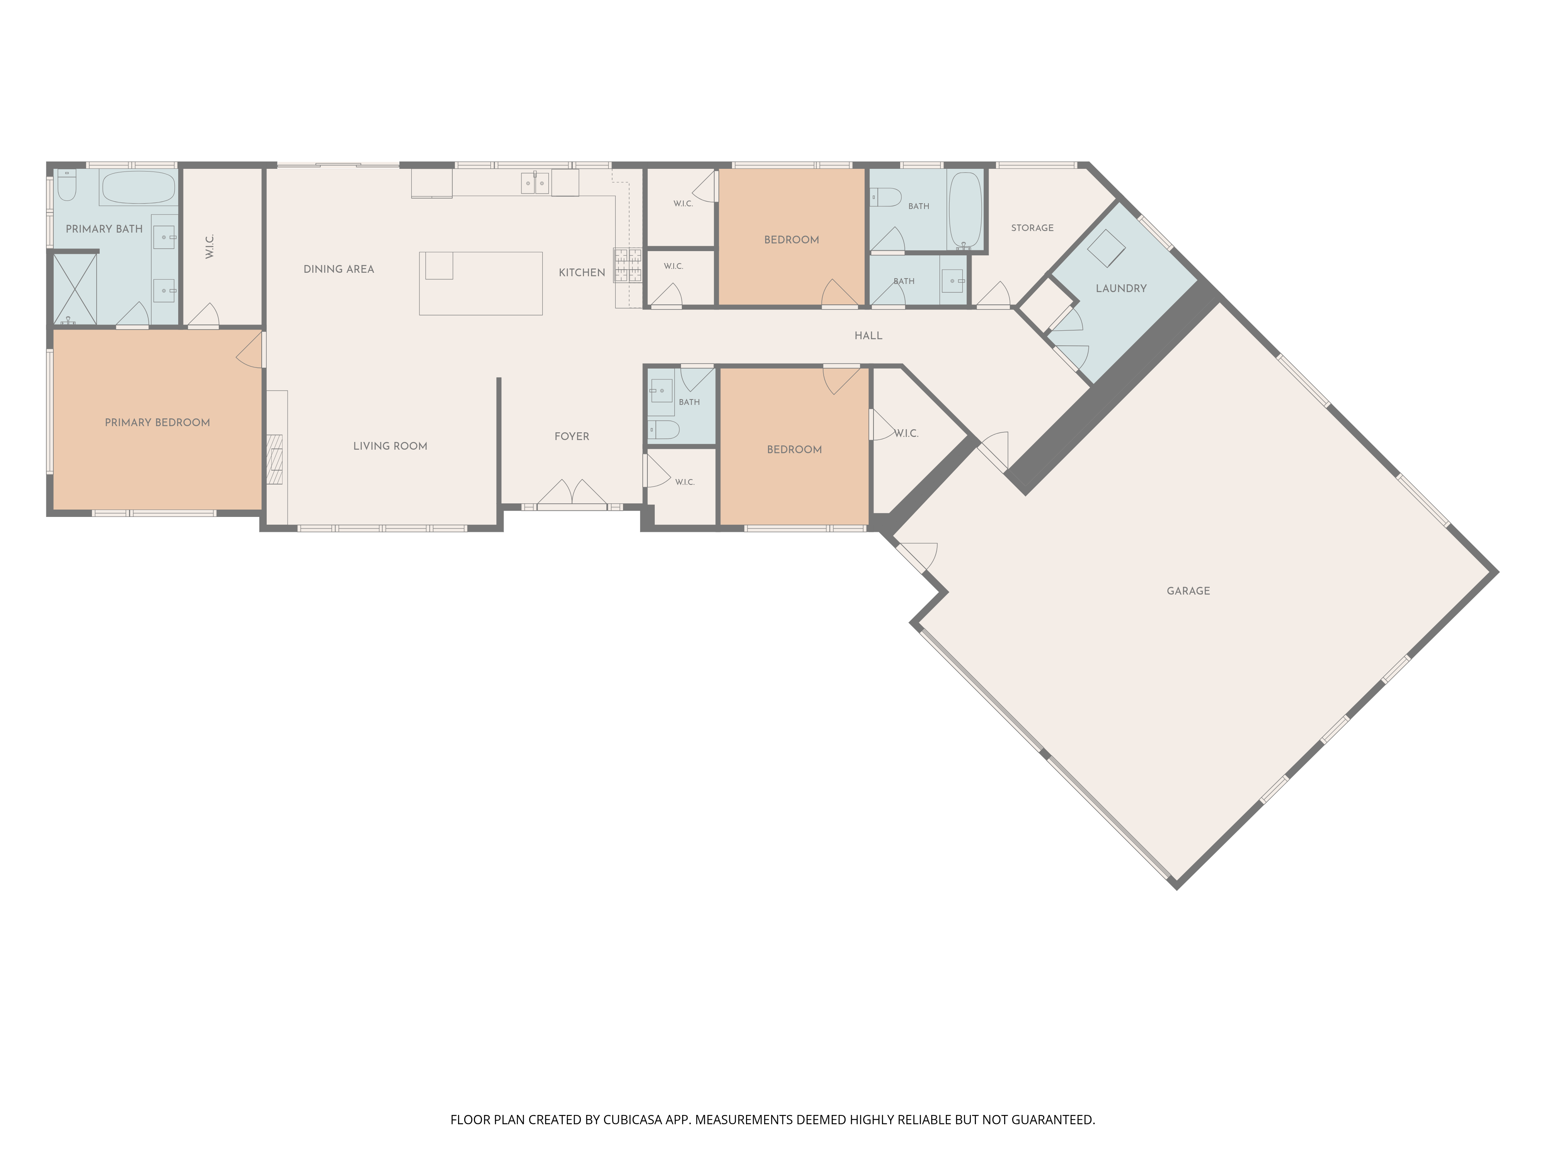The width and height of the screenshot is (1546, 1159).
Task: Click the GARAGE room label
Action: coord(1188,591)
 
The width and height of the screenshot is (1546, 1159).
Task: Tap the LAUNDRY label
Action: coord(1121,289)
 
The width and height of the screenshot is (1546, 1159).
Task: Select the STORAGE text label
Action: coord(1032,228)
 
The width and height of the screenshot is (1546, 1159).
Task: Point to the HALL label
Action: coord(868,336)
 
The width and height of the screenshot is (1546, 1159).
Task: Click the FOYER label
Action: coord(572,437)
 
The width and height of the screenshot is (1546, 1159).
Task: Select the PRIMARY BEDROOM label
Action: coord(157,423)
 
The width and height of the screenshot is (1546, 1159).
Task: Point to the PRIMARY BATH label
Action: coord(104,229)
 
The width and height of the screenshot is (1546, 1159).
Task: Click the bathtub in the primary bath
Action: coord(138,187)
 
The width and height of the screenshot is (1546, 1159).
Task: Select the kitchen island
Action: coord(481,284)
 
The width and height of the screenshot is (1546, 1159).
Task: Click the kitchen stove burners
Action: coord(628,265)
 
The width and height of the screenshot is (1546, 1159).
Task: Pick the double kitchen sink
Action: coord(535,183)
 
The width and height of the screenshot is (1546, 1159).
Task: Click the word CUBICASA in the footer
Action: coord(633,1120)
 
